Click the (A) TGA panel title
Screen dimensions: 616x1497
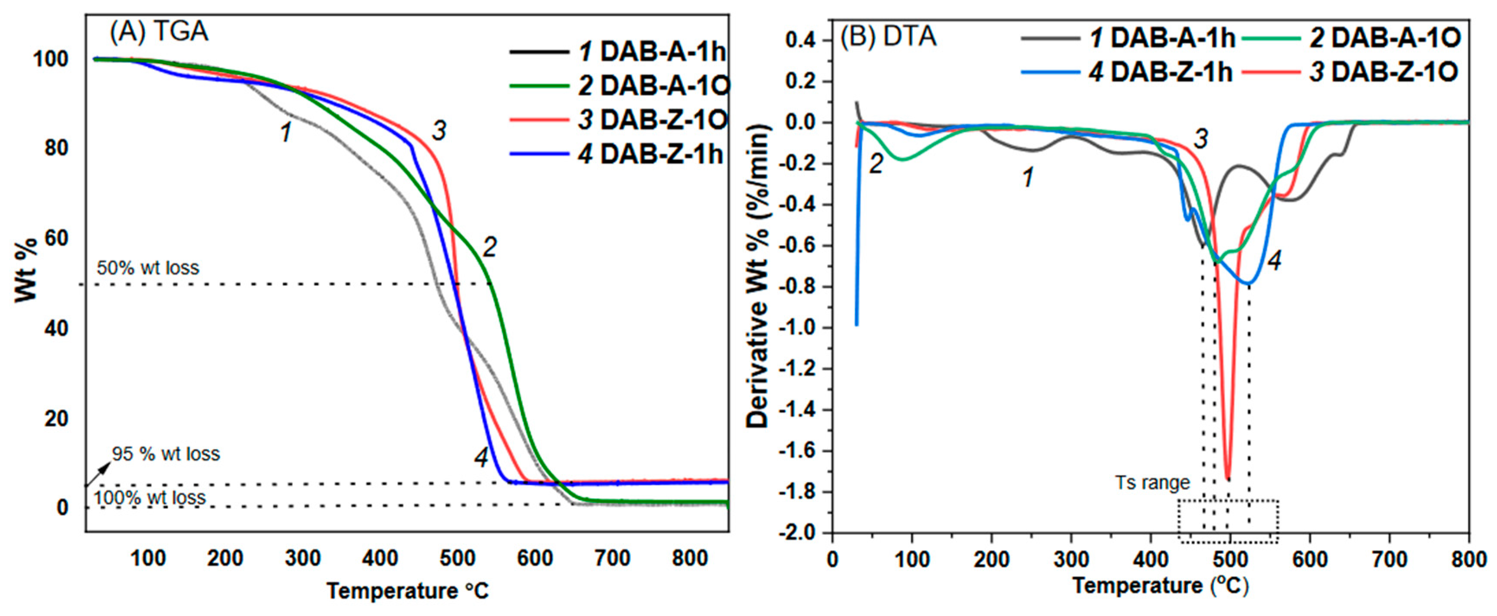(159, 32)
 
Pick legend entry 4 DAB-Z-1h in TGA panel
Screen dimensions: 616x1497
(650, 155)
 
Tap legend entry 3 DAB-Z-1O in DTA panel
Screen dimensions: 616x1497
(1384, 73)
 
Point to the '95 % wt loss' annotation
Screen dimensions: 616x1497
(166, 454)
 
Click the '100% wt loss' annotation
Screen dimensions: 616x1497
(150, 498)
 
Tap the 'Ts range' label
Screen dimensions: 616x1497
(1152, 483)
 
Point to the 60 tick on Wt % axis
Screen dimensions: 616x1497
(56, 238)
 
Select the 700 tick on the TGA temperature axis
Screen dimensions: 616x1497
(613, 559)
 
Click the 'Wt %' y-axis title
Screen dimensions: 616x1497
(26, 270)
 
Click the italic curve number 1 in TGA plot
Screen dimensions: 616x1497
(286, 132)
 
